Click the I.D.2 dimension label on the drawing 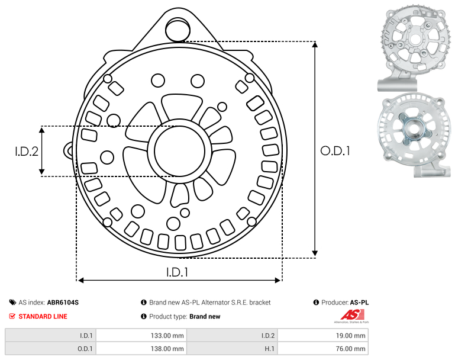pyautogui.click(x=27, y=151)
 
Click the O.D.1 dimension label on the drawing pyautogui.click(x=335, y=150)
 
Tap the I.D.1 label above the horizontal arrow pyautogui.click(x=177, y=272)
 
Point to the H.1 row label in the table pyautogui.click(x=270, y=349)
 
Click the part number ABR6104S pyautogui.click(x=63, y=303)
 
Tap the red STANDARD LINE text pyautogui.click(x=43, y=316)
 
